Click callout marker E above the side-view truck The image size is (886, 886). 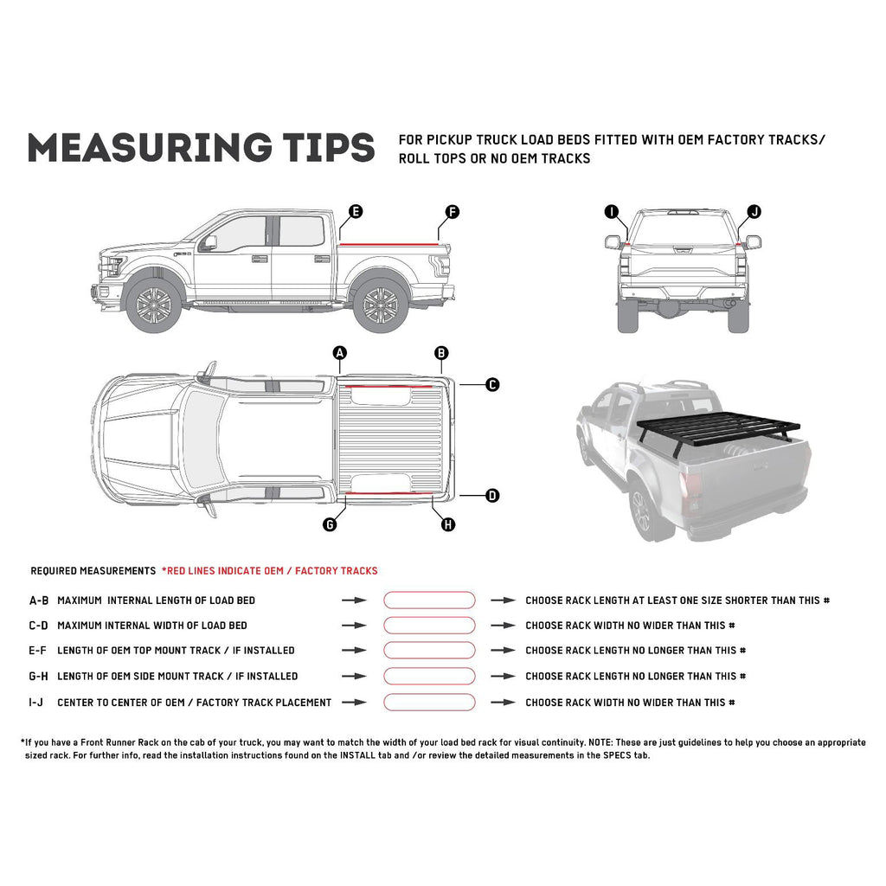pyautogui.click(x=356, y=211)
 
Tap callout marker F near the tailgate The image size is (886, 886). pyautogui.click(x=452, y=211)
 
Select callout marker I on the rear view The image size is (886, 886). pyautogui.click(x=612, y=211)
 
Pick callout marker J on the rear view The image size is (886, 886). pyautogui.click(x=754, y=211)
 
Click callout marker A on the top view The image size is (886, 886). pyautogui.click(x=340, y=352)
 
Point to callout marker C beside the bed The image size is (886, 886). pyautogui.click(x=492, y=384)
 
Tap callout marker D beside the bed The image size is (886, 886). pyautogui.click(x=492, y=496)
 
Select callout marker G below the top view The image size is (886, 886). pyautogui.click(x=330, y=524)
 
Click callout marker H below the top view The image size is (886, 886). pyautogui.click(x=448, y=524)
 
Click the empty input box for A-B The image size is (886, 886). pyautogui.click(x=429, y=600)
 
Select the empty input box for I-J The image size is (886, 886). pyautogui.click(x=429, y=703)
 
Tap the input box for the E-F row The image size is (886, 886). pyautogui.click(x=429, y=651)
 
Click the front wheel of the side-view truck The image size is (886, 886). pyautogui.click(x=154, y=305)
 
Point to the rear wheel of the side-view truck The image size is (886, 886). pyautogui.click(x=380, y=305)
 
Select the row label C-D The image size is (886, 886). pyautogui.click(x=39, y=626)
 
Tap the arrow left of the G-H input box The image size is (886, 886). pyautogui.click(x=354, y=677)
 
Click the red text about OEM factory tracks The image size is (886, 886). pyautogui.click(x=269, y=571)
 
